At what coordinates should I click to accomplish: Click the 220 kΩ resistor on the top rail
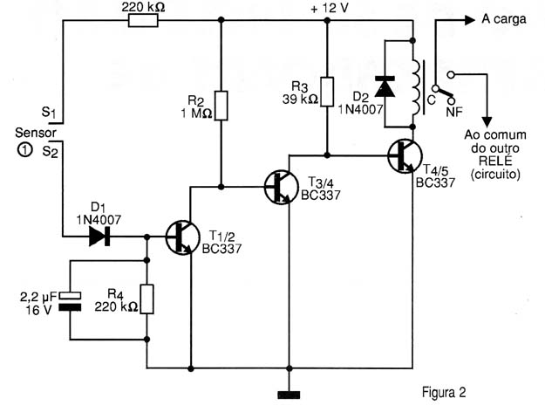[143, 21]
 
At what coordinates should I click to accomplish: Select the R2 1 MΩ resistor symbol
[221, 106]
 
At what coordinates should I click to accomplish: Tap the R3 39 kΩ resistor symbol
[327, 92]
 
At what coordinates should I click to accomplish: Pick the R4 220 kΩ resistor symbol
[146, 299]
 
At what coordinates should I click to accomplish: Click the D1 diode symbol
[99, 237]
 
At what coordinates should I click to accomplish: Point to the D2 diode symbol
[385, 86]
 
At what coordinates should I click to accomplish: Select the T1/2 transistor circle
[182, 237]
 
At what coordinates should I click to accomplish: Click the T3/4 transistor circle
[281, 187]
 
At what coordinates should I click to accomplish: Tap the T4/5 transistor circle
[405, 156]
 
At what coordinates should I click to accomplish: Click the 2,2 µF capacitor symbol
[70, 301]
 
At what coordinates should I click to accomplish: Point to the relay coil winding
[416, 87]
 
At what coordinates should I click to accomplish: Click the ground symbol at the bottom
[289, 395]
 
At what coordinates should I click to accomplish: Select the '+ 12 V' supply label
[329, 9]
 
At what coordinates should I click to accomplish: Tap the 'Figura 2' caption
[444, 392]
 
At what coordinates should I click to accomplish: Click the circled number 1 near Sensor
[24, 150]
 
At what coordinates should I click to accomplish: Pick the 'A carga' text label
[504, 19]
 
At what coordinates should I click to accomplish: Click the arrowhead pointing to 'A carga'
[470, 20]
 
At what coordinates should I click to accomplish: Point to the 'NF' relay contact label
[455, 112]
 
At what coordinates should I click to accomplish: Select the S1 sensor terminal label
[50, 113]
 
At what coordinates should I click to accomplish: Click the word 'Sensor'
[36, 133]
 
